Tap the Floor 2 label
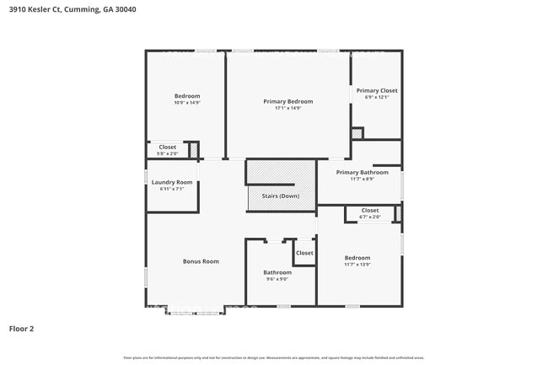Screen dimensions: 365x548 point(22,329)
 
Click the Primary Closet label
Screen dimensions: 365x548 point(376,90)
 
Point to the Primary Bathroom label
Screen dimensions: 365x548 point(362,172)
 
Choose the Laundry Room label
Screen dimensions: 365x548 point(172,182)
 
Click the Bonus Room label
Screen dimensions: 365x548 point(201,261)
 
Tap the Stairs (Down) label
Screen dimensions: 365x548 point(281,196)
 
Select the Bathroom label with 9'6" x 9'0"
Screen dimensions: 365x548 point(277,272)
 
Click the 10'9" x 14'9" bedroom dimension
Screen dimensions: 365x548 point(187,103)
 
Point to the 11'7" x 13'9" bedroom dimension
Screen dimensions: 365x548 point(357,265)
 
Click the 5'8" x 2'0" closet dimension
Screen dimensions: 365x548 point(167,153)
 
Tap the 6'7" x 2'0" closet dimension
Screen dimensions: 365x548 point(370,217)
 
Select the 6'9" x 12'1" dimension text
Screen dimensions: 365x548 point(376,97)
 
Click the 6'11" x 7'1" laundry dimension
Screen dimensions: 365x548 point(172,189)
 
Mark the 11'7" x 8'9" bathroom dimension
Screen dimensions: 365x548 point(362,179)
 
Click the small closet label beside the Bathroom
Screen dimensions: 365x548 point(304,253)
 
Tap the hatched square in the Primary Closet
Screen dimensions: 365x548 point(357,133)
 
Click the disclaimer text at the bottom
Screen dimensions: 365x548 point(273,357)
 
